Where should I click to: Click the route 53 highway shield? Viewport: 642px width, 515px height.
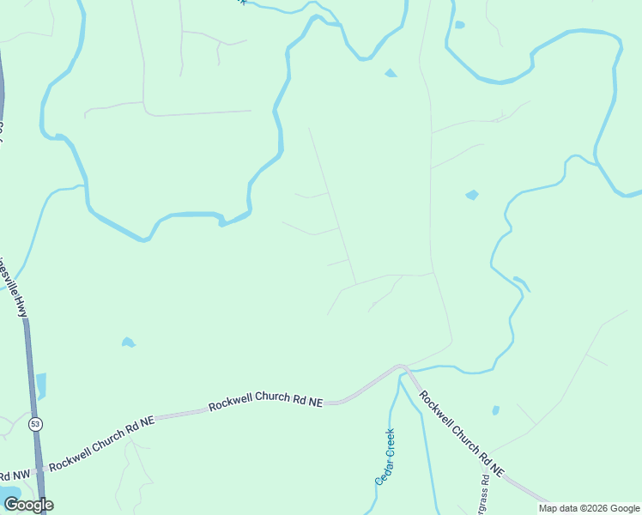[35, 423]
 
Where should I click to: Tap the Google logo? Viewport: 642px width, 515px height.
[27, 505]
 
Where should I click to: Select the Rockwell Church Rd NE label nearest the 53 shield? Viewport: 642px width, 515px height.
[102, 443]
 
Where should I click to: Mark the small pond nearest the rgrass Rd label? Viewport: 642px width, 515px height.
[495, 411]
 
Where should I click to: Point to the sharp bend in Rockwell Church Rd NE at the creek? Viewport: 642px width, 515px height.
[402, 368]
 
